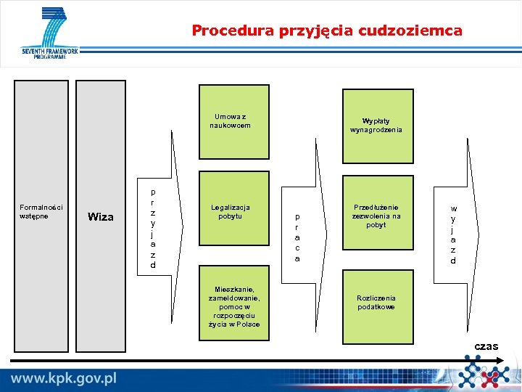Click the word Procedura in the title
222,30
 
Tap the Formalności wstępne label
41,211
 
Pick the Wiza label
100,216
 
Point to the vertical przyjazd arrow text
153,229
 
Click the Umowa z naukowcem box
233,121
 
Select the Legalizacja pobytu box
233,211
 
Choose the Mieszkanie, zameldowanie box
233,306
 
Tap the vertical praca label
297,237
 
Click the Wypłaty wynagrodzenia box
377,126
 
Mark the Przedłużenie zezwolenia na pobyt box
377,216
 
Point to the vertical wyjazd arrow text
453,234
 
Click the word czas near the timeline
486,346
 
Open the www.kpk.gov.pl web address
64,378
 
